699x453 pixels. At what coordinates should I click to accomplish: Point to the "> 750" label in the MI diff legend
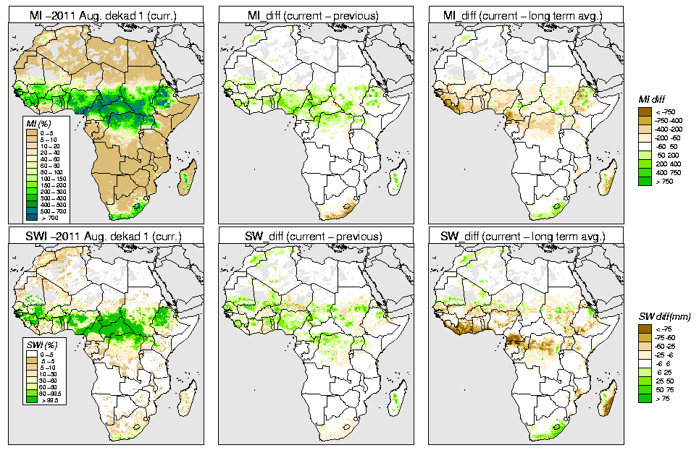(x=662, y=181)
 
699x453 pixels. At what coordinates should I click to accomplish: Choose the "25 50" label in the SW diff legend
(x=663, y=381)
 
